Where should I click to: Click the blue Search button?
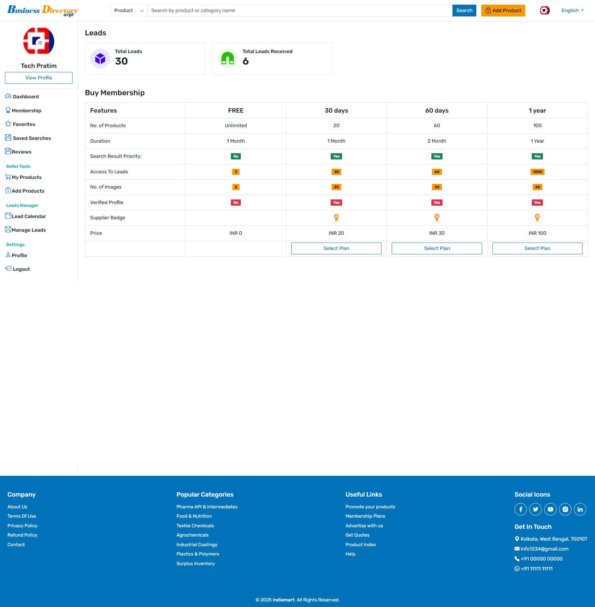point(464,11)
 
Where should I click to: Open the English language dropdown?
point(572,11)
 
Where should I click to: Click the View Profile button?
point(39,78)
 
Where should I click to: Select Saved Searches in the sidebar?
point(32,138)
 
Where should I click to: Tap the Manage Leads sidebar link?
point(29,230)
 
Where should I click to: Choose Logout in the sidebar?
point(21,269)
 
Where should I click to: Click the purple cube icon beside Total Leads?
point(100,59)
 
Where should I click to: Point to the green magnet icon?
point(227,59)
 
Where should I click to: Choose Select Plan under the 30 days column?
point(336,249)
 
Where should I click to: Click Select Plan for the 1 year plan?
point(537,249)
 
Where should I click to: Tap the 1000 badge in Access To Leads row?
point(537,172)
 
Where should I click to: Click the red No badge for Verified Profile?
point(236,203)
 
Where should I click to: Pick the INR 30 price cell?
point(437,233)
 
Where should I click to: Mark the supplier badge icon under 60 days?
point(437,218)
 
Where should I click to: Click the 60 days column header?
point(437,111)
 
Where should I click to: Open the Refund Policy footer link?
point(23,535)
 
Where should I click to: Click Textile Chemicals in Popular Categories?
point(195,526)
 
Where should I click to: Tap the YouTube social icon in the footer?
point(550,509)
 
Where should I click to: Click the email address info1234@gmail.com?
point(544,549)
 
